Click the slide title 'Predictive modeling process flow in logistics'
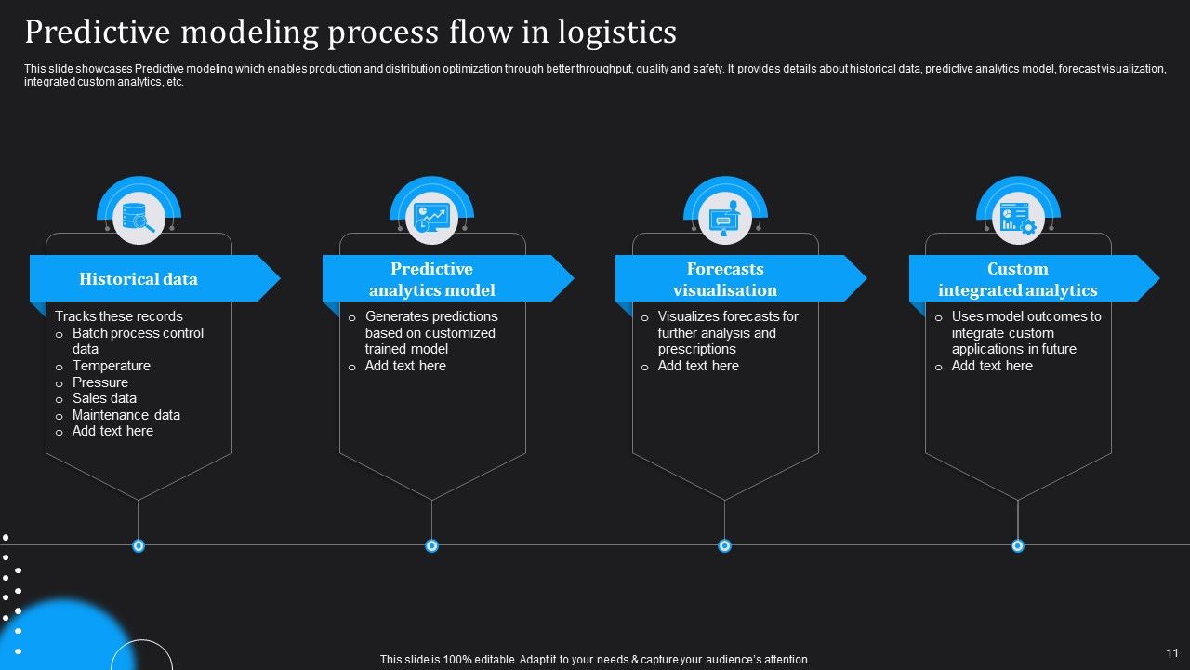tap(350, 33)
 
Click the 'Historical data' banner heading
tap(139, 279)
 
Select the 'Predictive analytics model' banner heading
tap(431, 279)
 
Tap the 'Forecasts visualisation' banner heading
tap(724, 279)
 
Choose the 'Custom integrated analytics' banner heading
tap(1017, 279)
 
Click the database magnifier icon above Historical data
tap(139, 219)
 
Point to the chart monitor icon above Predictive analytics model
tap(431, 219)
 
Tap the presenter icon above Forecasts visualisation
tap(724, 219)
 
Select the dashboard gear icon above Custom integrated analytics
tap(1017, 219)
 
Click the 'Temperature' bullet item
tap(111, 366)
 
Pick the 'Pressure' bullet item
tap(99, 382)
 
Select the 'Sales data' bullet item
tap(104, 398)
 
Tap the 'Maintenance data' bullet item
tap(126, 415)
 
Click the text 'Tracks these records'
tap(119, 316)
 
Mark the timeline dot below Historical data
tap(139, 545)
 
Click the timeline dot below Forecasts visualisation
tap(724, 545)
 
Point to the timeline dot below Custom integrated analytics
tap(1017, 545)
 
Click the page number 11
tap(1171, 653)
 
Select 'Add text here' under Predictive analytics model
tap(405, 366)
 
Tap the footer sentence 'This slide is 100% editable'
tap(595, 660)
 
